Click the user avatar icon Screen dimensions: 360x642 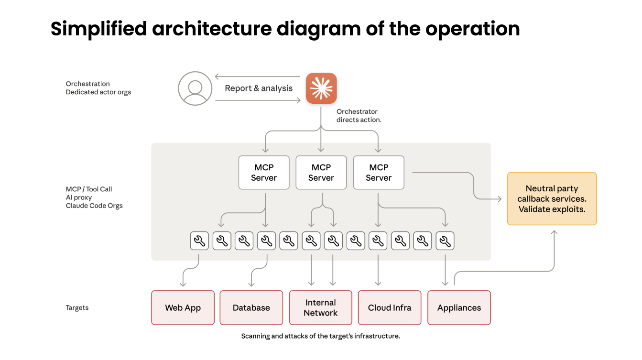[x=195, y=88]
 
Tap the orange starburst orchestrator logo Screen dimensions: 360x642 [x=321, y=88]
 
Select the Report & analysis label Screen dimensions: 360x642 [x=259, y=88]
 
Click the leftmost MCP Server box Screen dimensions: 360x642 [x=264, y=173]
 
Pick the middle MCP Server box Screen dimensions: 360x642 [x=321, y=173]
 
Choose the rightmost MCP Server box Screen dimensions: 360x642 [x=379, y=173]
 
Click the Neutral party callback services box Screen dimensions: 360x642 [x=552, y=199]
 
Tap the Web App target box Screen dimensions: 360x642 [x=183, y=308]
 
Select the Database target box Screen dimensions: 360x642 [x=251, y=308]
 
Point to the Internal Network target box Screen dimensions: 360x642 [x=321, y=308]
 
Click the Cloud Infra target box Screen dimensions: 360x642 [x=390, y=308]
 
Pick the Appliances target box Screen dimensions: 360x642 [x=459, y=308]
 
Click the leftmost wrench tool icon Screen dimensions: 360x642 [x=199, y=241]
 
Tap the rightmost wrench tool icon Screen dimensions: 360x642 [x=445, y=241]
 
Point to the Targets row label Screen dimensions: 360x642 [x=77, y=308]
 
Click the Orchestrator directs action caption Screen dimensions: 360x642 [x=359, y=116]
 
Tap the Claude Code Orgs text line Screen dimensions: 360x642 [x=94, y=206]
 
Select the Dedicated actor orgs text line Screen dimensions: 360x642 [x=98, y=92]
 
